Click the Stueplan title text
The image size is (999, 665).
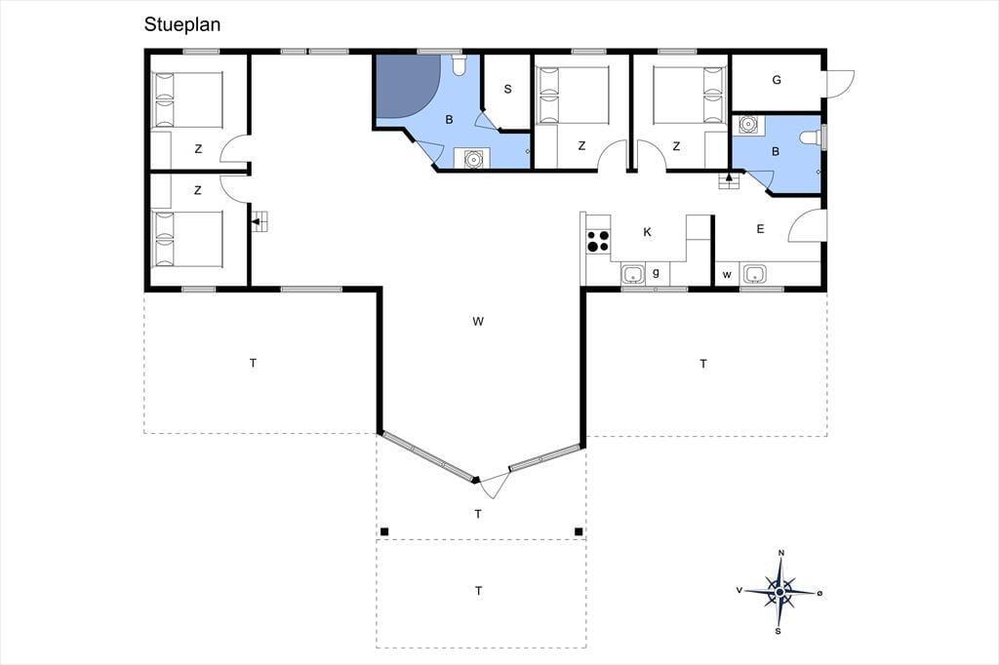(x=182, y=24)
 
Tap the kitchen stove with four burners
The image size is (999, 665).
(x=598, y=241)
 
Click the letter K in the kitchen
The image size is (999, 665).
(x=648, y=232)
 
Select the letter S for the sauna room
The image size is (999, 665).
(x=507, y=89)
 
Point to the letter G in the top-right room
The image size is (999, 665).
(x=777, y=80)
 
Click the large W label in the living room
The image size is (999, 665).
(x=478, y=322)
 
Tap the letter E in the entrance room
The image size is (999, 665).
(x=760, y=229)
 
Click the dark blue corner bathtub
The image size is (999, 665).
(x=408, y=87)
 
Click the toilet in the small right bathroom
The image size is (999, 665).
(x=812, y=138)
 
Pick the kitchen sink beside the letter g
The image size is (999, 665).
(x=632, y=275)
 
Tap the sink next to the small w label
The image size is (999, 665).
(x=755, y=275)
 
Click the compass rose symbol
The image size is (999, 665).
(x=779, y=592)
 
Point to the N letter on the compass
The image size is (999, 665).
(x=781, y=552)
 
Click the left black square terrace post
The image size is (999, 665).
(x=384, y=531)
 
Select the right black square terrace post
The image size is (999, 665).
(x=579, y=531)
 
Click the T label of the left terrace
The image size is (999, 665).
(x=253, y=364)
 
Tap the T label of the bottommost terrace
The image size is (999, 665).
(x=478, y=591)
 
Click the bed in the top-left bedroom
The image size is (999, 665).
(x=186, y=100)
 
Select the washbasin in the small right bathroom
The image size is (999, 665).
(x=748, y=124)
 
